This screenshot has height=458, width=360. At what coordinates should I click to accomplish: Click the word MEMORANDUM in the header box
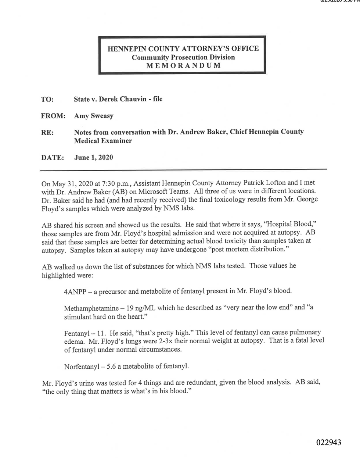point(183,66)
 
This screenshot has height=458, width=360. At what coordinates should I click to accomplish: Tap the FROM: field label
point(53,116)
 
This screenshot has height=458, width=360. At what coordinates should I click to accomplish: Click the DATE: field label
point(53,157)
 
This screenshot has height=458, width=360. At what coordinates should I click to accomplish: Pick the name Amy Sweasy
point(93,116)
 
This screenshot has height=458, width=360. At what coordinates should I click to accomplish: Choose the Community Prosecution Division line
point(183,57)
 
